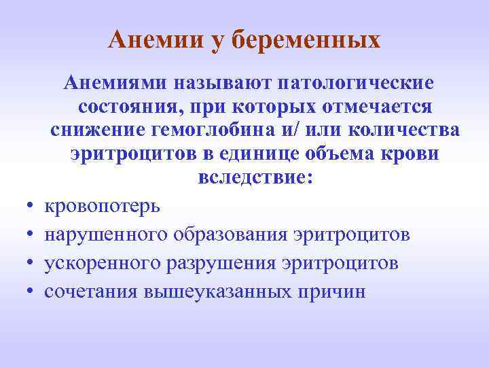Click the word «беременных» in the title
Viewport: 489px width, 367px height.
[306, 40]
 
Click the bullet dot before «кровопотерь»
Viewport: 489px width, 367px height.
[31, 205]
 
